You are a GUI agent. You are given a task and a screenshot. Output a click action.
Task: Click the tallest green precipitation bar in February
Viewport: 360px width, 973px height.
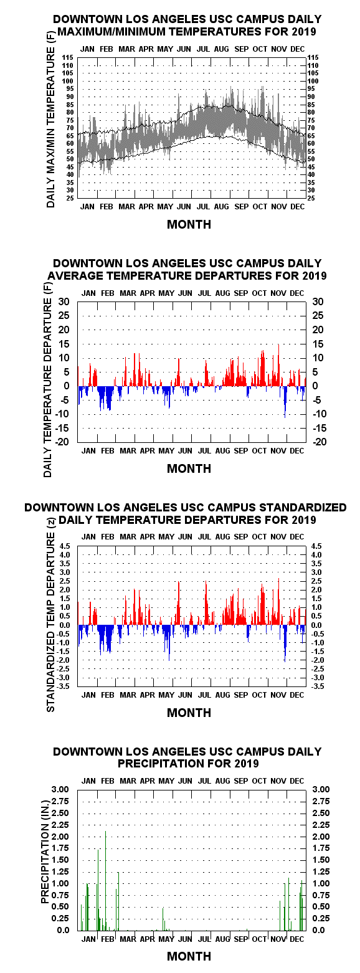(105, 880)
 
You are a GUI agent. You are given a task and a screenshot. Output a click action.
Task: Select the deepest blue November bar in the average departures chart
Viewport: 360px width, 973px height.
(285, 402)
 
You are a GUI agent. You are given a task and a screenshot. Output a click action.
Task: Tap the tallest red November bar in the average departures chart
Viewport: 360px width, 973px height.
(279, 365)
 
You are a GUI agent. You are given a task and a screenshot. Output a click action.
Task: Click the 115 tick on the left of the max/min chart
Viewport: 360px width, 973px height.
(67, 57)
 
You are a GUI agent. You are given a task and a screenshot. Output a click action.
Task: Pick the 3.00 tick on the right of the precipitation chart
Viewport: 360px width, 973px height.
(321, 789)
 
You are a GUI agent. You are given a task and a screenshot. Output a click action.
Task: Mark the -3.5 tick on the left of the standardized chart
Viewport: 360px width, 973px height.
(64, 686)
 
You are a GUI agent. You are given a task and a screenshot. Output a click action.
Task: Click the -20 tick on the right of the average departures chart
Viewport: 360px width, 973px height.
(319, 442)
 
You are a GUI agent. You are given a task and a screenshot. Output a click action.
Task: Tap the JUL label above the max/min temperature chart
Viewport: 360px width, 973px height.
(203, 49)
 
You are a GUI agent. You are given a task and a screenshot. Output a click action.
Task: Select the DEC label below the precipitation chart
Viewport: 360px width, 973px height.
(297, 939)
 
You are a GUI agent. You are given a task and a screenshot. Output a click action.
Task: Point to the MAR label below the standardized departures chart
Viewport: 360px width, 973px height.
(128, 695)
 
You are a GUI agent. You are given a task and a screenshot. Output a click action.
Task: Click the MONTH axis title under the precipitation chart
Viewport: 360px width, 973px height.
(189, 956)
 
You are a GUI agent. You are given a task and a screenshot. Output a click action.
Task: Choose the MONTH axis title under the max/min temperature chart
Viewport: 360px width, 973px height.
(189, 224)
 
